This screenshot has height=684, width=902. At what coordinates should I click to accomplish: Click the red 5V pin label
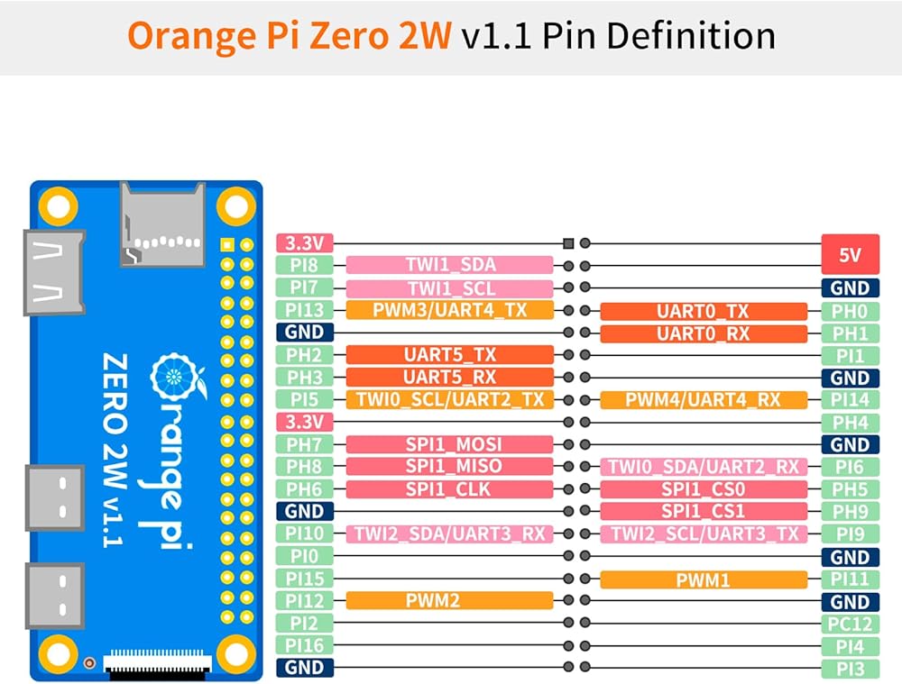coord(850,255)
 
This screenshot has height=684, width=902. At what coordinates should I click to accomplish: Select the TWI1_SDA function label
coord(449,265)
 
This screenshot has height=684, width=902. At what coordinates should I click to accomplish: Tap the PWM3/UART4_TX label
coord(449,310)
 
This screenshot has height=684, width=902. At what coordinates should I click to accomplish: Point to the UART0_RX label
coord(703,333)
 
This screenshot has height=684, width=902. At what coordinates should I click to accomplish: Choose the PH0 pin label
coord(850,311)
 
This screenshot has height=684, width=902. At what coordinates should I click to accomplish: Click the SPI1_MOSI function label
coord(449,444)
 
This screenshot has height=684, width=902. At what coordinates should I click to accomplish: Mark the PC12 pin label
coord(850,624)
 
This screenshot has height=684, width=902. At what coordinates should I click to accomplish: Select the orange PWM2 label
coord(449,601)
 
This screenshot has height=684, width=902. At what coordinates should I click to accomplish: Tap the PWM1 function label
coord(703,579)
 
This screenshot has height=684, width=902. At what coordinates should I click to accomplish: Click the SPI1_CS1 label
coord(703,512)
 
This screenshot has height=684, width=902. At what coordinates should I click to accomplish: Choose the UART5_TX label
coord(449,355)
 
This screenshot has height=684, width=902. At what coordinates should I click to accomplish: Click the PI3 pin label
coord(850,669)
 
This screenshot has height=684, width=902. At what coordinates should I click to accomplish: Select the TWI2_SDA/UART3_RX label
coord(449,534)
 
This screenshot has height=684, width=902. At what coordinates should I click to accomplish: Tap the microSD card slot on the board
coord(162,224)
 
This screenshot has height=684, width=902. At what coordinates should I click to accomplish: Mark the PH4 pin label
coord(850,423)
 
